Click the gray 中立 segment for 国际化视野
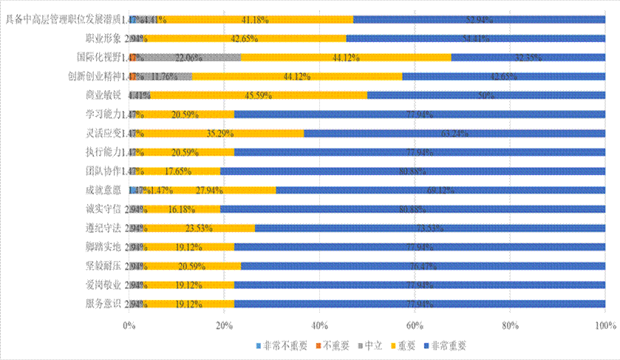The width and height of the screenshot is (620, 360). click(x=188, y=56)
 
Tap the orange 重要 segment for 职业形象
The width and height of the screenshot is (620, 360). click(x=245, y=37)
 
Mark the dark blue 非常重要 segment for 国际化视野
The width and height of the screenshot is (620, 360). click(x=528, y=56)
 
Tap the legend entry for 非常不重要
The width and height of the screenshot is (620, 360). click(x=275, y=345)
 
